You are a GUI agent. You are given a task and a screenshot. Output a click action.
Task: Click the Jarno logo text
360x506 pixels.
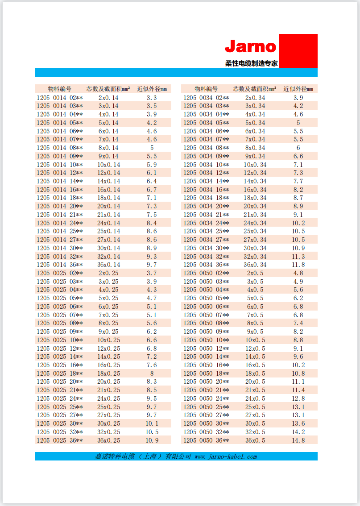pyautogui.click(x=250, y=46)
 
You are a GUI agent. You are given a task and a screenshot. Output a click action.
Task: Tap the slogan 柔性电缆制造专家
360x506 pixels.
pyautogui.click(x=251, y=63)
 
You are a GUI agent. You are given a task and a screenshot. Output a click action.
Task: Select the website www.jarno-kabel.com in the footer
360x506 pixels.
pyautogui.click(x=226, y=456)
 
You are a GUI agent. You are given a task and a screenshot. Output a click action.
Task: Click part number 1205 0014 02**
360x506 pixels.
pyautogui.click(x=60, y=98)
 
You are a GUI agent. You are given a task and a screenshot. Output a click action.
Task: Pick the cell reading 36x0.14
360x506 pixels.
pyautogui.click(x=108, y=265)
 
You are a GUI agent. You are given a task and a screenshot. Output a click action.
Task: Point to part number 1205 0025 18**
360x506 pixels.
pyautogui.click(x=60, y=373)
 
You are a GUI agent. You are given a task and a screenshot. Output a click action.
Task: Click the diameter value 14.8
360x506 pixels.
pyautogui.click(x=298, y=440)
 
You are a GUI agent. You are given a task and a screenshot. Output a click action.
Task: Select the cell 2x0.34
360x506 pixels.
pyautogui.click(x=255, y=98)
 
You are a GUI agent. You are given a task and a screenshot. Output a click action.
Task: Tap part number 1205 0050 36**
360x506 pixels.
pyautogui.click(x=206, y=440)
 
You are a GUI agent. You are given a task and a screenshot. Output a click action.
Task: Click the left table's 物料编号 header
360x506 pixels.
pyautogui.click(x=60, y=89)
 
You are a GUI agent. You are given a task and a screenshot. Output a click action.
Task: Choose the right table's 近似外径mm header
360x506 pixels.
pyautogui.click(x=298, y=89)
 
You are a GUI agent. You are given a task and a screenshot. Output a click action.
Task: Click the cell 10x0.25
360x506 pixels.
pyautogui.click(x=108, y=340)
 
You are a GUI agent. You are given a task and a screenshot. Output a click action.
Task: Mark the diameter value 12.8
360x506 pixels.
pyautogui.click(x=298, y=398)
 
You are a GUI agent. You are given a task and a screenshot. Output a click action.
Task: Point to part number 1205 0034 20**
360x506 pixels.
pyautogui.click(x=206, y=206)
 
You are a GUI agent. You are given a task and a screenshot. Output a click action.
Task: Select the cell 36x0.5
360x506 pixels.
pyautogui.click(x=255, y=440)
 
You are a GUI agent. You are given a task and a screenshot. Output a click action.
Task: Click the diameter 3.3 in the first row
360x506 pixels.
pyautogui.click(x=152, y=98)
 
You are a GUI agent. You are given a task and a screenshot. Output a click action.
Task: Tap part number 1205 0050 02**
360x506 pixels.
pyautogui.click(x=206, y=273)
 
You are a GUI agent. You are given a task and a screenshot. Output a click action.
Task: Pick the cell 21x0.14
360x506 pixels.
pyautogui.click(x=108, y=215)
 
